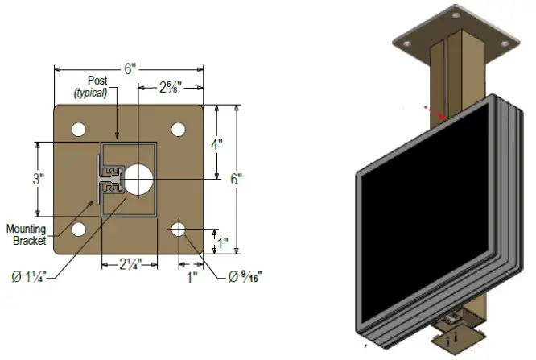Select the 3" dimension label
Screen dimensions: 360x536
coord(38,179)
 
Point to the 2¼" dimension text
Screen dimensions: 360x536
coord(126,264)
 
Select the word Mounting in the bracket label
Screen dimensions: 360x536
coord(27,230)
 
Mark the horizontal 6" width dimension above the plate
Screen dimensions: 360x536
coord(129,69)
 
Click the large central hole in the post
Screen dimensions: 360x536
coord(138,179)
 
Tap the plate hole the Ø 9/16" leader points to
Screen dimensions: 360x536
coord(179,229)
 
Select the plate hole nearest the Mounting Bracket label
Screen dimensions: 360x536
coord(79,229)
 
